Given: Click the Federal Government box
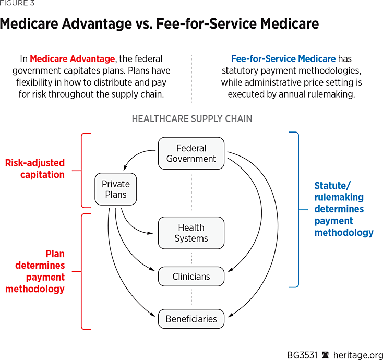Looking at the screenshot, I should click(191, 153).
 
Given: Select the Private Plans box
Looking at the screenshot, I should click(115, 189).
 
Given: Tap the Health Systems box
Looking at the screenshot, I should click(191, 233).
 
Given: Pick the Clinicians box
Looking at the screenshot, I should click(191, 277).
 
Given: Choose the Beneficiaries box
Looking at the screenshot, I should click(191, 319).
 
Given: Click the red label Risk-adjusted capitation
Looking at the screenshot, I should click(35, 169).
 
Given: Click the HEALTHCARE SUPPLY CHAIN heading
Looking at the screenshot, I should click(191, 119).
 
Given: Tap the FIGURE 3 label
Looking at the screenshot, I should click(17, 3).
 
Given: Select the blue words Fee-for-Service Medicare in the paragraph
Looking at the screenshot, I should click(283, 59).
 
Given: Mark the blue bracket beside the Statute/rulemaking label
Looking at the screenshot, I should click(296, 209).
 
